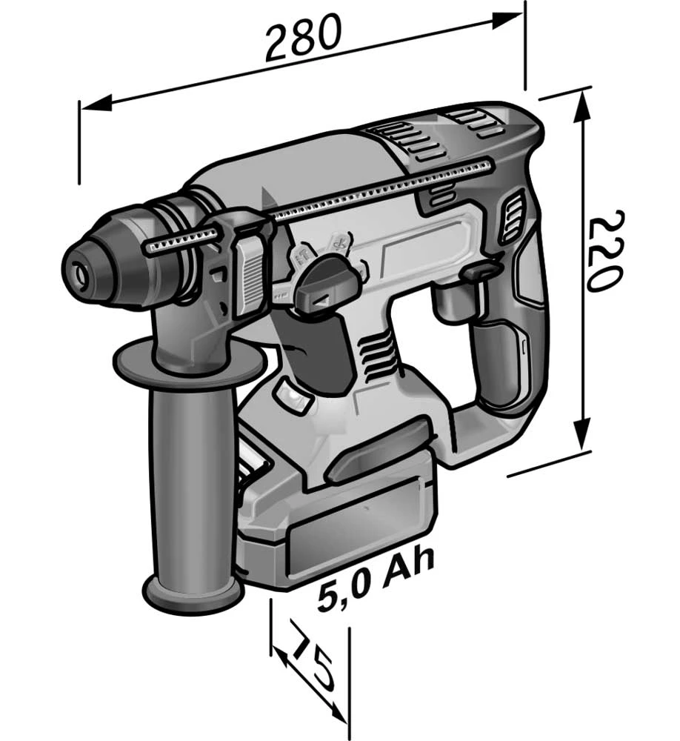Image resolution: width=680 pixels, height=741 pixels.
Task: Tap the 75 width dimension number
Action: (312, 657)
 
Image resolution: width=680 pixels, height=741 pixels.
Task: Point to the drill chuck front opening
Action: (79, 273)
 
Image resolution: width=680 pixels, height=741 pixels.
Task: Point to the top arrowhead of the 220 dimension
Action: (583, 105)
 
